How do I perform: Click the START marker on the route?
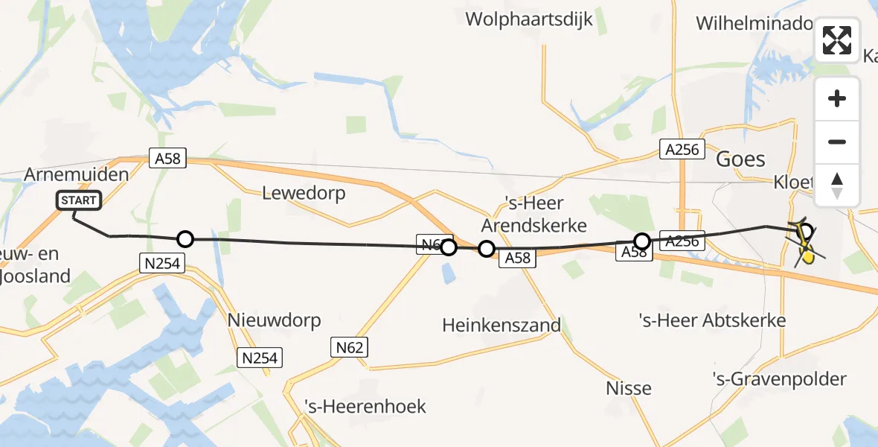coord(78,200)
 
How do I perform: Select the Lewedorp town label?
coord(304,193)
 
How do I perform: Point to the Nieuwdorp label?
coord(275,320)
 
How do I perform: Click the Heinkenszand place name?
coord(501,325)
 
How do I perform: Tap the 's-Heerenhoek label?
coord(365,406)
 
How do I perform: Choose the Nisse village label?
coord(629,388)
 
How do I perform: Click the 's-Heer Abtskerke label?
coord(712,320)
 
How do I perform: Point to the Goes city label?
coord(740,159)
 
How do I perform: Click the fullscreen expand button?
coord(837,40)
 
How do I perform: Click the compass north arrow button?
coord(837,185)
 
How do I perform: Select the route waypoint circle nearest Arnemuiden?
coord(185,239)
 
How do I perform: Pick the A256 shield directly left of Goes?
coord(682,149)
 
